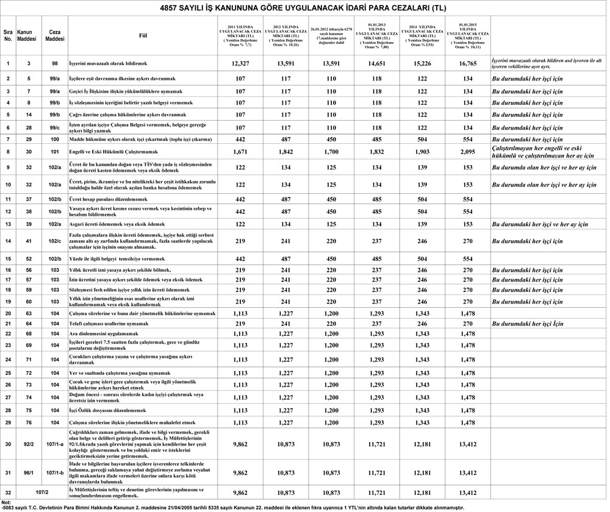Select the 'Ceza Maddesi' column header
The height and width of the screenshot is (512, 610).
(54, 35)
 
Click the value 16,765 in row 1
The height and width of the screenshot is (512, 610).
(468, 63)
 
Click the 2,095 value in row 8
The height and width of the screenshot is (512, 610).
(468, 151)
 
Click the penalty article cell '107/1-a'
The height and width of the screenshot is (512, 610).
(54, 443)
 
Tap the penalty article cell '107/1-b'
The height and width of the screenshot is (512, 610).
(54, 472)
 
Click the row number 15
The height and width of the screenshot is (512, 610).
(8, 259)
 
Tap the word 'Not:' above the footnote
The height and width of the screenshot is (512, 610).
(7, 502)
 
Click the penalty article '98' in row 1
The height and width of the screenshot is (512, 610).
(54, 63)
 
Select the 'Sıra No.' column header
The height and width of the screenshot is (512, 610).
(8, 35)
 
